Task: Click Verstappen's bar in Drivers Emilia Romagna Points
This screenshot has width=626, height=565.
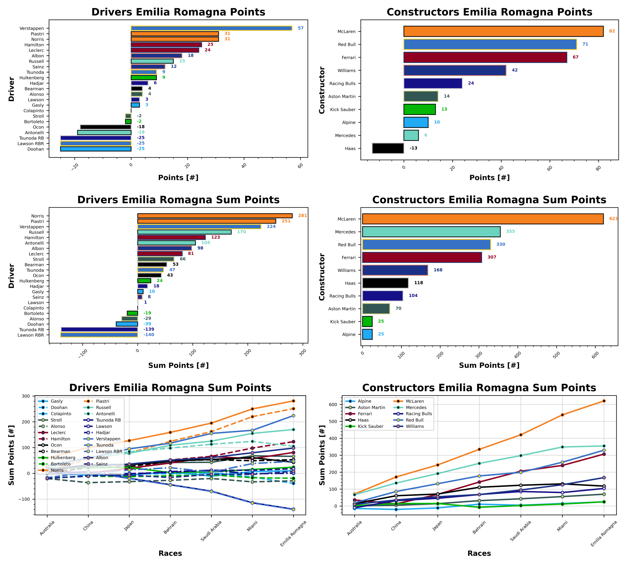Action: tap(211, 28)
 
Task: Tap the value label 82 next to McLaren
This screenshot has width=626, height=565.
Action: tap(612, 31)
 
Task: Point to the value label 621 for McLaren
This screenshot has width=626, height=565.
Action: tap(613, 219)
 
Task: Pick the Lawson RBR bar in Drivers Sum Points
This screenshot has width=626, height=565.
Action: tap(99, 335)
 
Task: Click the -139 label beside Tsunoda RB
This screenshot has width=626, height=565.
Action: tap(149, 329)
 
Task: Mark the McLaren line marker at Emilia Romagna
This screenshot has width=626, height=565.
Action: tap(604, 401)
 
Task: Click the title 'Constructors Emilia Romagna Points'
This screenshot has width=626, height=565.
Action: tap(489, 12)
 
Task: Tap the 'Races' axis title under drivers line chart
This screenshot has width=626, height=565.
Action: tap(170, 553)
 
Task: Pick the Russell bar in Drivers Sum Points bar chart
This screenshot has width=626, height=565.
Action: tap(184, 232)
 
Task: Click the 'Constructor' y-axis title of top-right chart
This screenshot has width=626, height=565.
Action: tap(322, 90)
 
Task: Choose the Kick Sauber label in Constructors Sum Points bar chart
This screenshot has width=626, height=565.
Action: tap(343, 322)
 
